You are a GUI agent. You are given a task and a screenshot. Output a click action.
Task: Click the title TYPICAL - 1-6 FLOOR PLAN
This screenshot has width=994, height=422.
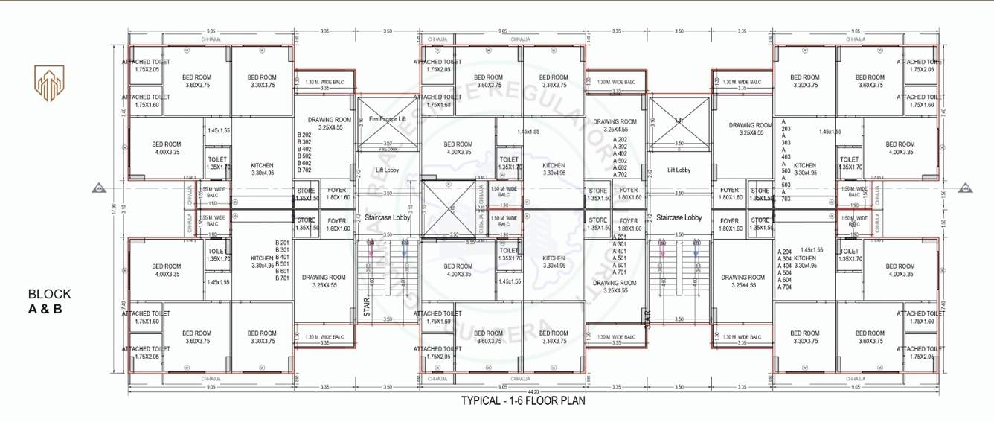pos(523,400)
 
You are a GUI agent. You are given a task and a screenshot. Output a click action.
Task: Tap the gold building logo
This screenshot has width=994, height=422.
pos(49,83)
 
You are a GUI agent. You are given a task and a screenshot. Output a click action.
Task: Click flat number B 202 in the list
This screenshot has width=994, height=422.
pos(304,135)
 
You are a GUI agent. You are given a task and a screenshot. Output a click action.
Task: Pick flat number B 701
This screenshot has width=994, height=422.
pos(282,278)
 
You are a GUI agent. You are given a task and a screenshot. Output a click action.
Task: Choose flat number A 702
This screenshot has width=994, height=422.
pos(620,174)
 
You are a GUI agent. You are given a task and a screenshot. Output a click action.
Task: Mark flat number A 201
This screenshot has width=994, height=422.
pos(619,237)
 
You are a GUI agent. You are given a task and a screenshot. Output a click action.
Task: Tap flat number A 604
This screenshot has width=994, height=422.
pos(784,280)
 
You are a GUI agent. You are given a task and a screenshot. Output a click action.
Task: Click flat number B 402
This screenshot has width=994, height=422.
pos(304,149)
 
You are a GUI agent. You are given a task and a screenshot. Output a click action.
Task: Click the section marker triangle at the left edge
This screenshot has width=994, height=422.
pos(97,188)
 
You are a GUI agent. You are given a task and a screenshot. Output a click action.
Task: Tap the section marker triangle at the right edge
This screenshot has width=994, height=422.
pos(965,188)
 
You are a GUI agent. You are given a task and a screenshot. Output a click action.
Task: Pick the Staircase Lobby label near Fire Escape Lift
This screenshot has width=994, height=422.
pos(388,217)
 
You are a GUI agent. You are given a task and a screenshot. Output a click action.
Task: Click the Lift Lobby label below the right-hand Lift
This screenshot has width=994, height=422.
pos(679,170)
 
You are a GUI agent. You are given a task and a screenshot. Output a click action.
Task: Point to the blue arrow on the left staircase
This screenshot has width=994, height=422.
pos(404,252)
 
